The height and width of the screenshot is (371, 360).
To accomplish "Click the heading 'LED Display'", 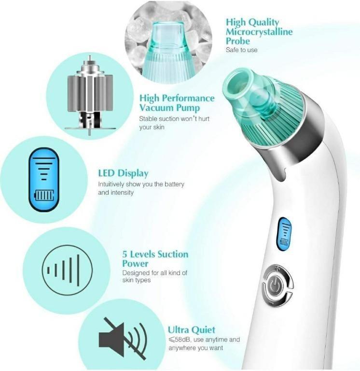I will (x=123, y=173).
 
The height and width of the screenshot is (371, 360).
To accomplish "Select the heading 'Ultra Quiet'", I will (x=192, y=330).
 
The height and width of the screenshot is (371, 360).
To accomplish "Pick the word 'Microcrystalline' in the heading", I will (x=259, y=31).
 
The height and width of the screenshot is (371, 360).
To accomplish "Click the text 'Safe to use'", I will (x=242, y=50).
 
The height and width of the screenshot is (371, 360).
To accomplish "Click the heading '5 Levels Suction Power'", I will (x=155, y=259).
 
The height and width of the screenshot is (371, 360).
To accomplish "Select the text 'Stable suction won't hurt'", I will (x=174, y=119).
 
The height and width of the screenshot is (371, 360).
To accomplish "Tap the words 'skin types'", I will (x=137, y=280).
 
